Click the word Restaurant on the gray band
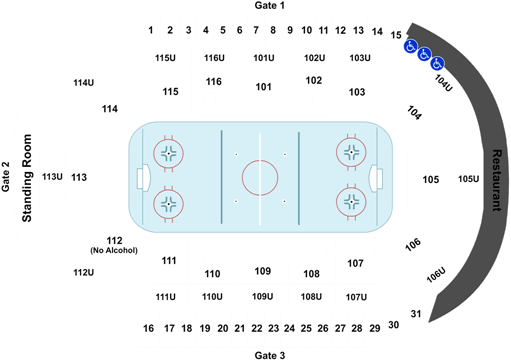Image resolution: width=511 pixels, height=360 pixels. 497,180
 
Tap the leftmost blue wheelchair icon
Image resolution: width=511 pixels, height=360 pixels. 410,46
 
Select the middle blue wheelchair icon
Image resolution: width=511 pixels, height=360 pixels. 424,54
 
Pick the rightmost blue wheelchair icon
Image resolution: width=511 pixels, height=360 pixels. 437,63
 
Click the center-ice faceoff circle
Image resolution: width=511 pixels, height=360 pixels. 259,178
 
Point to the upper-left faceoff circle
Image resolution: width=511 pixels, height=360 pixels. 169,153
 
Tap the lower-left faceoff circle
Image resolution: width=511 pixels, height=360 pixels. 169,203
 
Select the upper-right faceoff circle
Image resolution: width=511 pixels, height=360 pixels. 351,153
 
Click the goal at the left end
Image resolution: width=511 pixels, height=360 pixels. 142,178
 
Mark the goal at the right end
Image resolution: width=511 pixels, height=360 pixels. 376,178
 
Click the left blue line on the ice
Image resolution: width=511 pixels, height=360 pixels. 221,178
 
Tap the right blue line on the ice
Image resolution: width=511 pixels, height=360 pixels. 298,178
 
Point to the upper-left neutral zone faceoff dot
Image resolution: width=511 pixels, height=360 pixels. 236,154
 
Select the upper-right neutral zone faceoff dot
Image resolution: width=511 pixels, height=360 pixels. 284,154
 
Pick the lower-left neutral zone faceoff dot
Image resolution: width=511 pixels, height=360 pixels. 236,202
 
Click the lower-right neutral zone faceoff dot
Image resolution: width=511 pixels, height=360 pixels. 284,202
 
